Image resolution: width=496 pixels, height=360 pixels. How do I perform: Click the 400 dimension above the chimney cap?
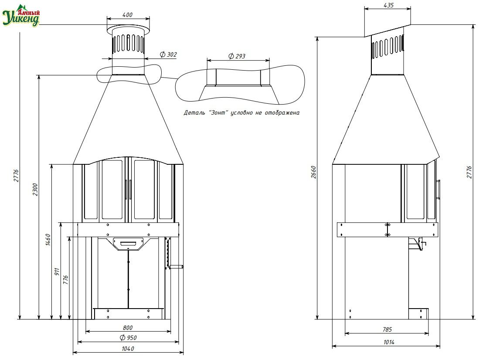pyautogui.click(x=127, y=14)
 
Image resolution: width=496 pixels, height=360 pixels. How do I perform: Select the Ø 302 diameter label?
pyautogui.click(x=168, y=54)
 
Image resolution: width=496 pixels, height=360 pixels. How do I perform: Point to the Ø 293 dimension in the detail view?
pyautogui.click(x=237, y=56)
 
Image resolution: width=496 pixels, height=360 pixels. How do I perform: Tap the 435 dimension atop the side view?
pyautogui.click(x=388, y=5)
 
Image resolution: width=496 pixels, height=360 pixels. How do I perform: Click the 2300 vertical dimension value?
pyautogui.click(x=35, y=190)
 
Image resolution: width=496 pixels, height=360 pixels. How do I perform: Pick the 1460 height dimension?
pyautogui.click(x=48, y=240)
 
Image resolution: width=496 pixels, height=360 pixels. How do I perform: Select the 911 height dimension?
pyautogui.click(x=57, y=272)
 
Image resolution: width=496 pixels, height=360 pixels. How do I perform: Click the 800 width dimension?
pyautogui.click(x=128, y=328)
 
